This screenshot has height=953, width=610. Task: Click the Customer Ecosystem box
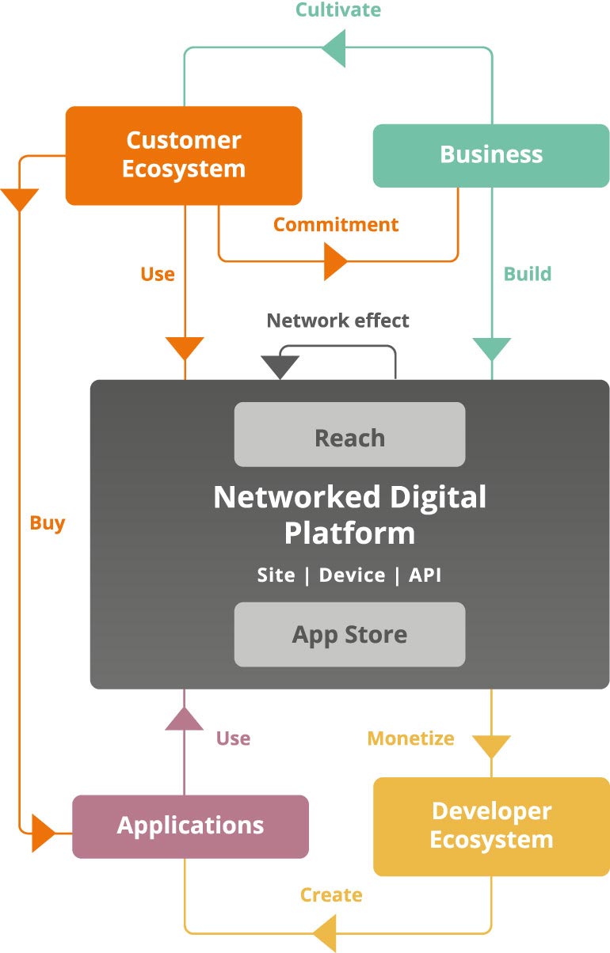[184, 155]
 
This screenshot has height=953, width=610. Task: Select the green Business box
[491, 155]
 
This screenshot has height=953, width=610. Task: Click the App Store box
[349, 635]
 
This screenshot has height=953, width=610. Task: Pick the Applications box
[190, 826]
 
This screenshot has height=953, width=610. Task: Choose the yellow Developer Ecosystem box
[491, 826]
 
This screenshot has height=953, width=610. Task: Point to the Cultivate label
[338, 10]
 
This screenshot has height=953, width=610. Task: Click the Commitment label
[336, 225]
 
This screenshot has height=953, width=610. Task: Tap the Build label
[528, 274]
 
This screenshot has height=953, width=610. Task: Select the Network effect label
[337, 321]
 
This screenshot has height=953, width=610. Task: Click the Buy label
[48, 523]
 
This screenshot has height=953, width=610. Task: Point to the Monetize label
[410, 738]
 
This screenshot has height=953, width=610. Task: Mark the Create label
[331, 895]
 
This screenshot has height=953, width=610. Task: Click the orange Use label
[157, 274]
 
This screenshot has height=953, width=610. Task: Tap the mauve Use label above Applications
[233, 738]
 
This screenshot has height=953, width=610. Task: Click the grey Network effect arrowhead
[280, 366]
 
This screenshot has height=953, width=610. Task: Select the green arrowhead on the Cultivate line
[336, 47]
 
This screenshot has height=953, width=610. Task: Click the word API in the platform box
[425, 575]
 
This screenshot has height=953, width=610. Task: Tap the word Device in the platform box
[352, 575]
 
